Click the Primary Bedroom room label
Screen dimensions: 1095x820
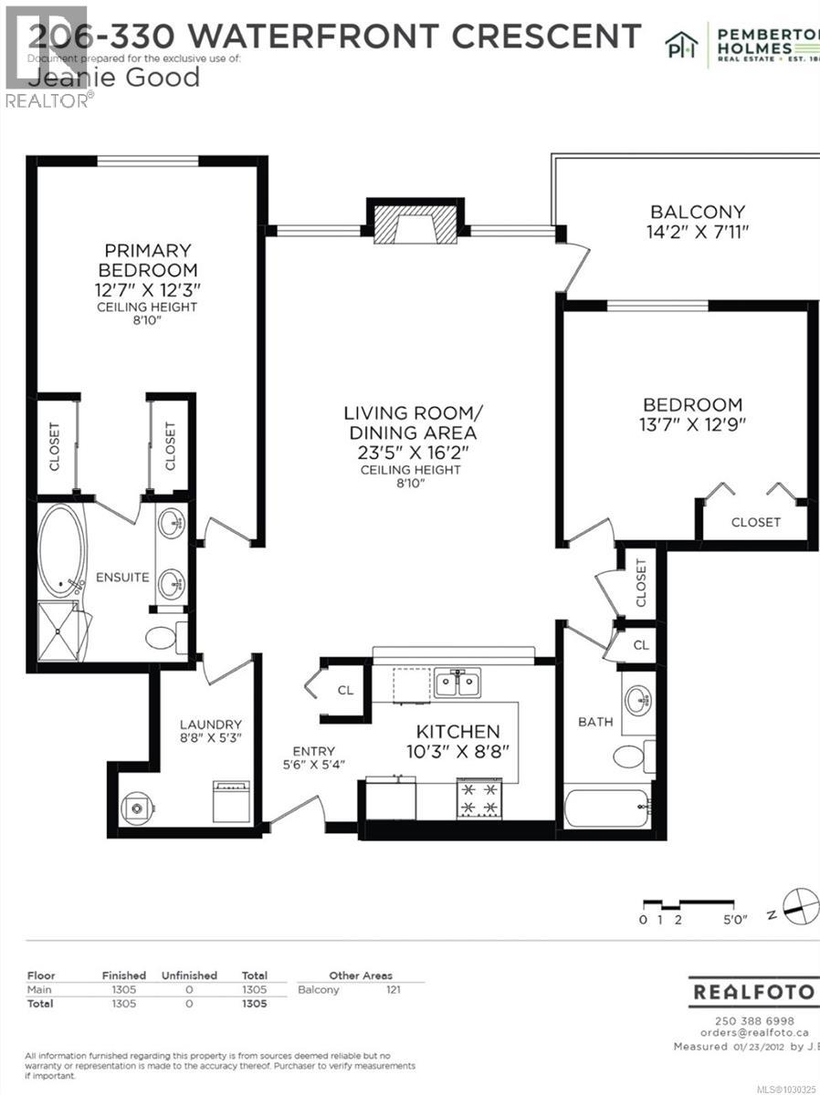pyautogui.click(x=149, y=260)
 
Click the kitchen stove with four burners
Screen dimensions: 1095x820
pyautogui.click(x=479, y=798)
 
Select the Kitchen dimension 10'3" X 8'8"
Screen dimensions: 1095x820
pyautogui.click(x=459, y=752)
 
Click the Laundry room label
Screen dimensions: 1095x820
pyautogui.click(x=210, y=724)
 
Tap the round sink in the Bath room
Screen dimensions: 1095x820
pyautogui.click(x=638, y=701)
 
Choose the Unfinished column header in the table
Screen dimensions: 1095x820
pyautogui.click(x=189, y=975)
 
